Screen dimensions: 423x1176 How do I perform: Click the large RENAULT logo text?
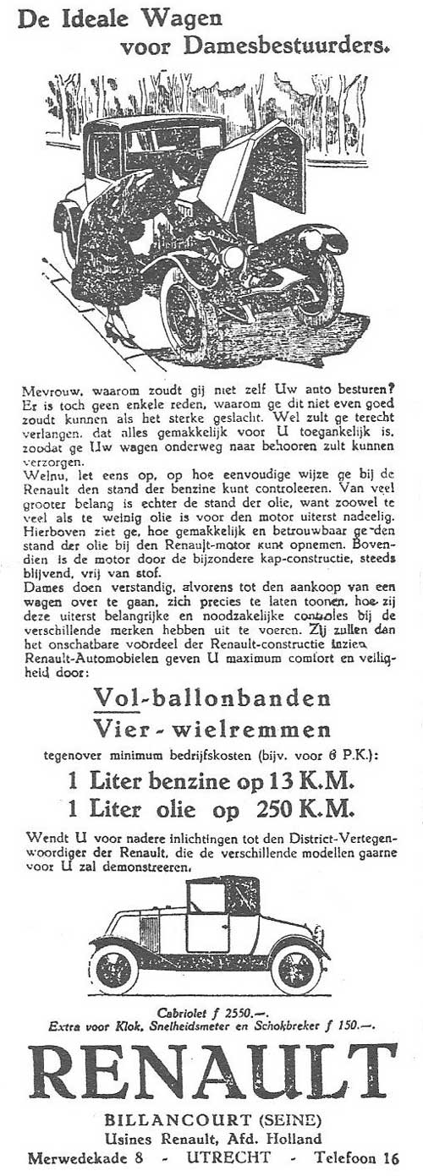211,1075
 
